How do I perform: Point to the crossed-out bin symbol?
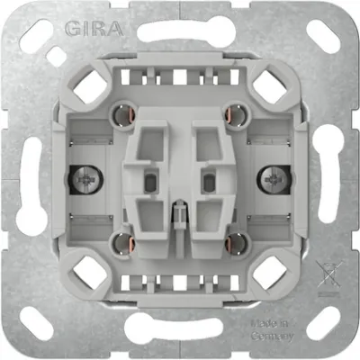coord(327,268)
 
